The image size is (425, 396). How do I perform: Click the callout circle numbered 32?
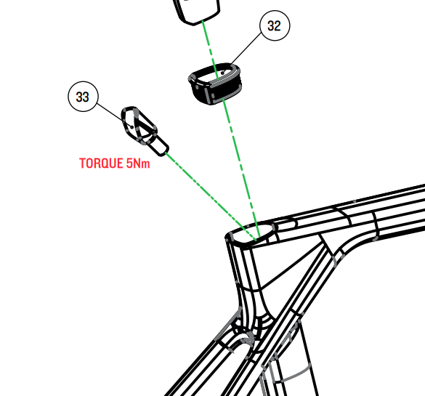point(275,25)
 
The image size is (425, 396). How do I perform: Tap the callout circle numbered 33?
point(83,97)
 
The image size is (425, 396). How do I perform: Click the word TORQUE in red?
point(101,163)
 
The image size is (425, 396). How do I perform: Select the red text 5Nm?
point(138,163)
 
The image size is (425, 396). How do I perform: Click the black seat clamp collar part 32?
point(214,84)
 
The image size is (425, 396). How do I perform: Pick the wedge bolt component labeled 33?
point(145,131)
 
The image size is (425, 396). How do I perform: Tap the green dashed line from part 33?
point(211,196)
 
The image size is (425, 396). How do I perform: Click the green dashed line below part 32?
point(241,168)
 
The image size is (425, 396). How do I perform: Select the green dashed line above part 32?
point(211,50)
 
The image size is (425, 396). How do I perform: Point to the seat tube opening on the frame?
point(252,234)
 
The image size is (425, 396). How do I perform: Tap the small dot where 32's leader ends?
point(222,73)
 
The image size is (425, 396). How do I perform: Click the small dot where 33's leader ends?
point(132,127)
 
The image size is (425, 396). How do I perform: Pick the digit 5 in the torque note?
point(129,163)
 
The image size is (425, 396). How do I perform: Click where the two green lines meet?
point(257,239)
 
